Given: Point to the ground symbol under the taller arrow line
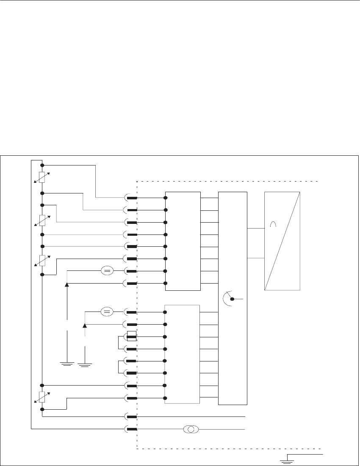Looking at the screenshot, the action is pos(67,364).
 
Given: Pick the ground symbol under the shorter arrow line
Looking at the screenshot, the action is pos(85,364).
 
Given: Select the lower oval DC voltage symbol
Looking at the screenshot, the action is pos(107,312).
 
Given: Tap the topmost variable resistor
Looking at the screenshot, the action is pos(42,178).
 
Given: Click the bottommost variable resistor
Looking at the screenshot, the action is pos(42,397).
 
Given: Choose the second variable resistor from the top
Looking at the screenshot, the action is pos(42,220).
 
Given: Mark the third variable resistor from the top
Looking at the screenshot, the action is pos(42,260).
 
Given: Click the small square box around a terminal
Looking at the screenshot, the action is pos(131,336).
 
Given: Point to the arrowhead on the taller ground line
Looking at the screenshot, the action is pos(67,285).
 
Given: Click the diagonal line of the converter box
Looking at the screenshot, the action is pos(282,241).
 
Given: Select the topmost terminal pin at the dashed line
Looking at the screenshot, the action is pos(131,198).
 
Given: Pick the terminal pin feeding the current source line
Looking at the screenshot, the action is pos(131,429).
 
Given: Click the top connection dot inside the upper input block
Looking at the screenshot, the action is pos(165,198).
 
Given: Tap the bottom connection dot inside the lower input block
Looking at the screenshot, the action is pos(165,398).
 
